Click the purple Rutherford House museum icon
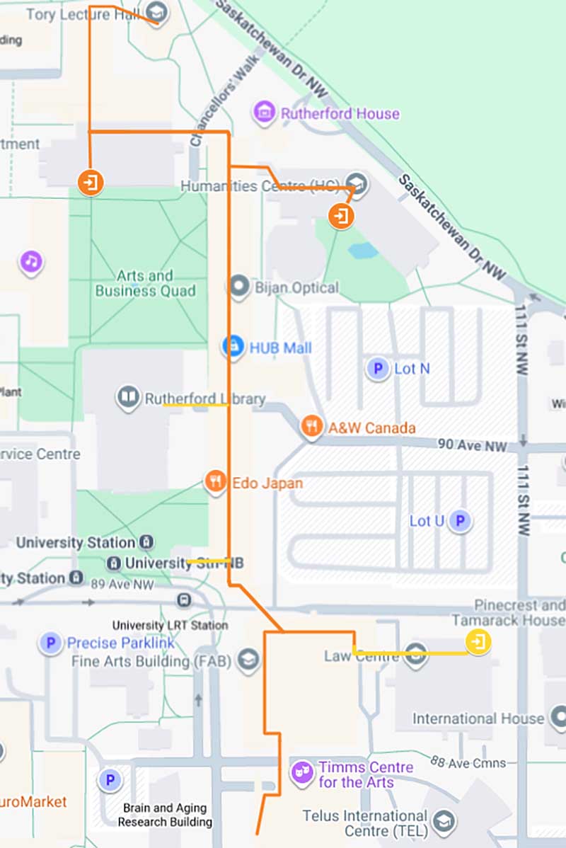pyautogui.click(x=264, y=112)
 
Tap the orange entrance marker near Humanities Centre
pyautogui.click(x=341, y=214)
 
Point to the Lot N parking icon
pyautogui.click(x=378, y=368)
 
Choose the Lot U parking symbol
pyautogui.click(x=461, y=522)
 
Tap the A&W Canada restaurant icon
pyautogui.click(x=312, y=426)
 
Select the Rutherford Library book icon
pyautogui.click(x=128, y=399)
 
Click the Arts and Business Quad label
pyautogui.click(x=146, y=283)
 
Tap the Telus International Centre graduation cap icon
pyautogui.click(x=444, y=821)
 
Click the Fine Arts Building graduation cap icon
pyautogui.click(x=248, y=661)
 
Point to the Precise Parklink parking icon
pyautogui.click(x=50, y=643)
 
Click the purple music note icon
pyautogui.click(x=30, y=261)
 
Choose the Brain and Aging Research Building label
pyautogui.click(x=165, y=815)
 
